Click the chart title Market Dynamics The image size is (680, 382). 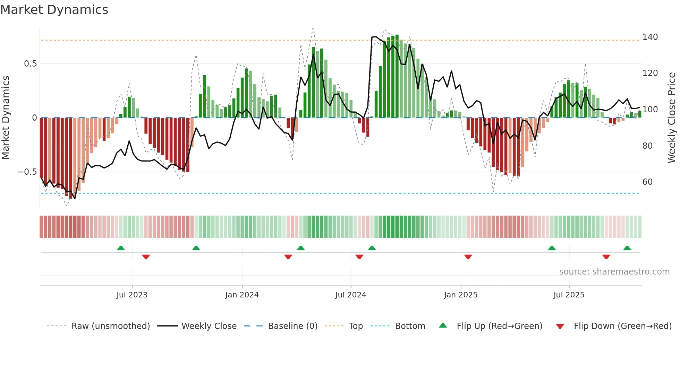[x=54, y=10]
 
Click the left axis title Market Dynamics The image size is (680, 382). [x=6, y=118]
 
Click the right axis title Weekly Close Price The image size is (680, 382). [x=672, y=118]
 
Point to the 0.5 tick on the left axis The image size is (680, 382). [x=30, y=64]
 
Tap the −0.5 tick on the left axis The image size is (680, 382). [x=27, y=172]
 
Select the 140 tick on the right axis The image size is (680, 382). [x=650, y=37]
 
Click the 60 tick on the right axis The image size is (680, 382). [x=647, y=182]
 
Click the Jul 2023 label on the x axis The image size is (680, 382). [x=132, y=295]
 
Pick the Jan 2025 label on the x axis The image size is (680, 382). [x=460, y=295]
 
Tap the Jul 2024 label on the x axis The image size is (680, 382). [x=350, y=295]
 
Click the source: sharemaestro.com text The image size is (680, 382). [x=614, y=272]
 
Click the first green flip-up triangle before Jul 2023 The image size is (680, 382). [x=121, y=248]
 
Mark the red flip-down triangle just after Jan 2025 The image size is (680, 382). [x=468, y=257]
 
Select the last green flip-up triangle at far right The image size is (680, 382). [x=627, y=248]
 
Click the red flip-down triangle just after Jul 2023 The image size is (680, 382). [x=146, y=257]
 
